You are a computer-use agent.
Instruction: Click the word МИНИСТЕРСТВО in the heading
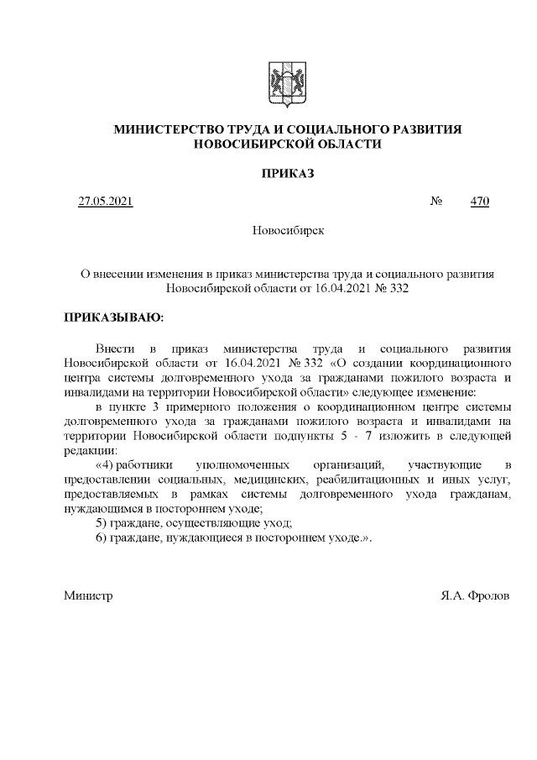(164, 130)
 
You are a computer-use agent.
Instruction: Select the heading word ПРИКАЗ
(287, 173)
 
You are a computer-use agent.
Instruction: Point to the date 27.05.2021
(105, 202)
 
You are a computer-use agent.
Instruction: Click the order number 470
(480, 202)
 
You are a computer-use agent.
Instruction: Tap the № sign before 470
(436, 202)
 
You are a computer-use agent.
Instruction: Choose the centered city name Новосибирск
(287, 229)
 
